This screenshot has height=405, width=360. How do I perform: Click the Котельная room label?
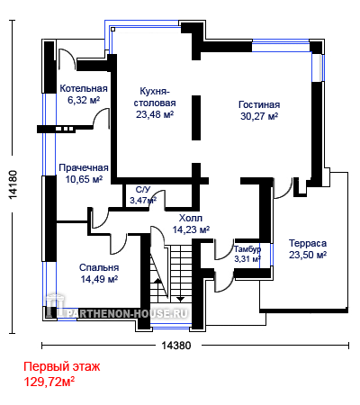pyautogui.click(x=84, y=88)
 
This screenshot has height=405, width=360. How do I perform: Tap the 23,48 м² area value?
pyautogui.click(x=155, y=114)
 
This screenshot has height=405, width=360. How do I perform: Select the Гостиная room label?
pyautogui.click(x=259, y=104)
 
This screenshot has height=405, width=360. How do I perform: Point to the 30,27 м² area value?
pyautogui.click(x=259, y=116)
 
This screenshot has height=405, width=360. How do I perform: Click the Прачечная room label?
pyautogui.click(x=84, y=167)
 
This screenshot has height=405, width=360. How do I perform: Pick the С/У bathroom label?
pyautogui.click(x=143, y=190)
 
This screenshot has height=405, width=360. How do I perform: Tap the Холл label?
pyautogui.click(x=191, y=218)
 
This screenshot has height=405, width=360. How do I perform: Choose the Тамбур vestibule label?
pyautogui.click(x=247, y=249)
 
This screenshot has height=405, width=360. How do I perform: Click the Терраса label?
pyautogui.click(x=308, y=243)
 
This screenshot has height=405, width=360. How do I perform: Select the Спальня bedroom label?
pyautogui.click(x=99, y=267)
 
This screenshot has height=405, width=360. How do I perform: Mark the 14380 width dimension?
pyautogui.click(x=176, y=346)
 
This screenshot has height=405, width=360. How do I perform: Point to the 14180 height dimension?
pyautogui.click(x=13, y=184)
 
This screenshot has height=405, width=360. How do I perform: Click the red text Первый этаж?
pyautogui.click(x=62, y=366)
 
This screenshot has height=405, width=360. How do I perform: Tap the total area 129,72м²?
pyautogui.click(x=49, y=382)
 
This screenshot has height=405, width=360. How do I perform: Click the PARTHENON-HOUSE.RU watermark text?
pyautogui.click(x=128, y=314)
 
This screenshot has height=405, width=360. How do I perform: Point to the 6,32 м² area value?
pyautogui.click(x=84, y=100)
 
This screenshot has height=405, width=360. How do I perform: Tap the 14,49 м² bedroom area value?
pyautogui.click(x=99, y=279)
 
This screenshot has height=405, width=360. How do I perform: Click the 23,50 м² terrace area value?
pyautogui.click(x=308, y=255)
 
